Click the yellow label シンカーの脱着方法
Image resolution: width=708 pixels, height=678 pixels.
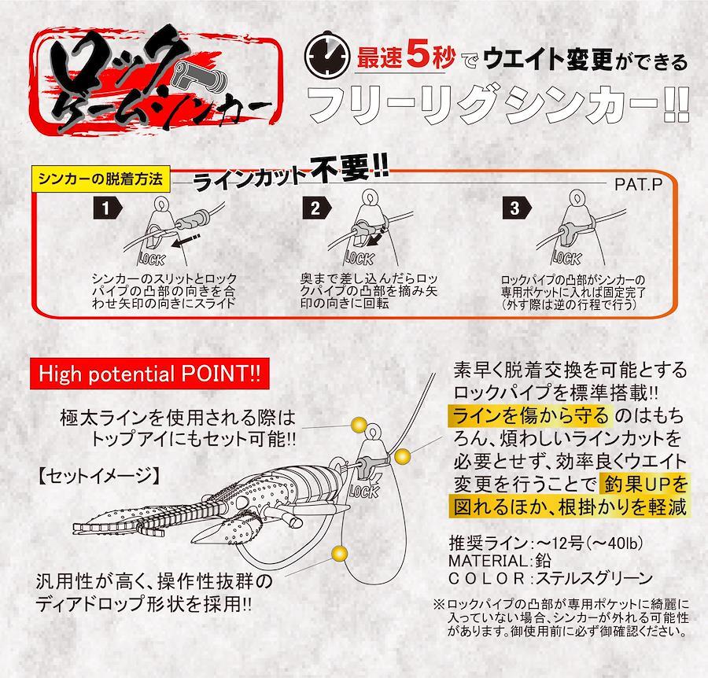(100, 179)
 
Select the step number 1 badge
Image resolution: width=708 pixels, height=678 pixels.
(108, 208)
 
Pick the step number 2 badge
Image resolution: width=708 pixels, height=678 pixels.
(317, 208)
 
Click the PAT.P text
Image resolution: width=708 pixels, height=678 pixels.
(638, 184)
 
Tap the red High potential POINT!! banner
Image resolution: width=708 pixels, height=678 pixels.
(149, 374)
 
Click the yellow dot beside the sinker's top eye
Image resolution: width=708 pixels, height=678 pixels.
(360, 425)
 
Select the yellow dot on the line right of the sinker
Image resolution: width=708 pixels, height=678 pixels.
(402, 457)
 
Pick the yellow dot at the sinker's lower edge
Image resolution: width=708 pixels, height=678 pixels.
(339, 553)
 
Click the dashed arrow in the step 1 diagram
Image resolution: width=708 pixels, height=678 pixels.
(186, 240)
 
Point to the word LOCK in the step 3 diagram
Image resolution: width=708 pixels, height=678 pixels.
(567, 258)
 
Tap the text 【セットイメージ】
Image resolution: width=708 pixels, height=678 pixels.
(99, 475)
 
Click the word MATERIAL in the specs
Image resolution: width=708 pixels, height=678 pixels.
(488, 561)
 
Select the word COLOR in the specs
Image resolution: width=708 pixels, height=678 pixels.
(486, 578)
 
